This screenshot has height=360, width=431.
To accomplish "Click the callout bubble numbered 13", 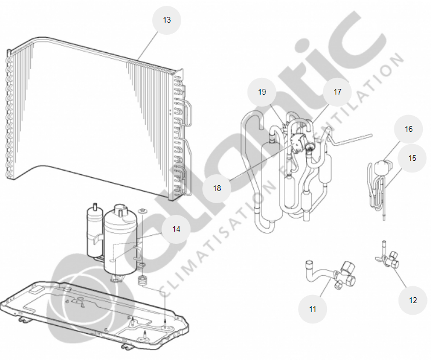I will click(167, 20).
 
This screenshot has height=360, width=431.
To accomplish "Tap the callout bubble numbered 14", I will click(176, 229).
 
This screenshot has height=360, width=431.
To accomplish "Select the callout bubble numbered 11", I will click(313, 309).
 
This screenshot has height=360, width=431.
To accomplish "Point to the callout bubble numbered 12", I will click(413, 300).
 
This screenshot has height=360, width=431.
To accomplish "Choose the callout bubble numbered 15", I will click(412, 158).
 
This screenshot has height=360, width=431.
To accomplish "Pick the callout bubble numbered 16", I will click(409, 129).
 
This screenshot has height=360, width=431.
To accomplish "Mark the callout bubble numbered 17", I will click(337, 92).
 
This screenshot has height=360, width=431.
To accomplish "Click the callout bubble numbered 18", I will click(217, 188).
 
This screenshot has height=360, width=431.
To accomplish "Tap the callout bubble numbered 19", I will click(262, 92).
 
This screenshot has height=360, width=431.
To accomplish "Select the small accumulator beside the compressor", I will click(94, 231).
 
